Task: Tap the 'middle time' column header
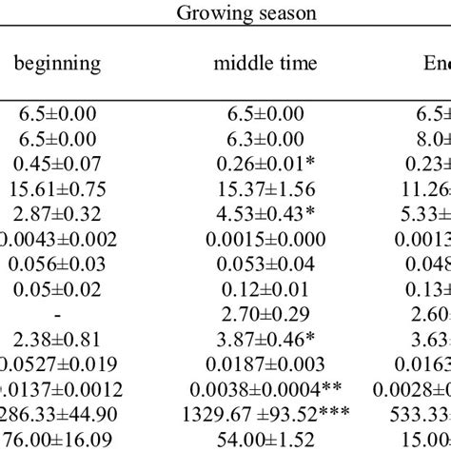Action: pos(265,65)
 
